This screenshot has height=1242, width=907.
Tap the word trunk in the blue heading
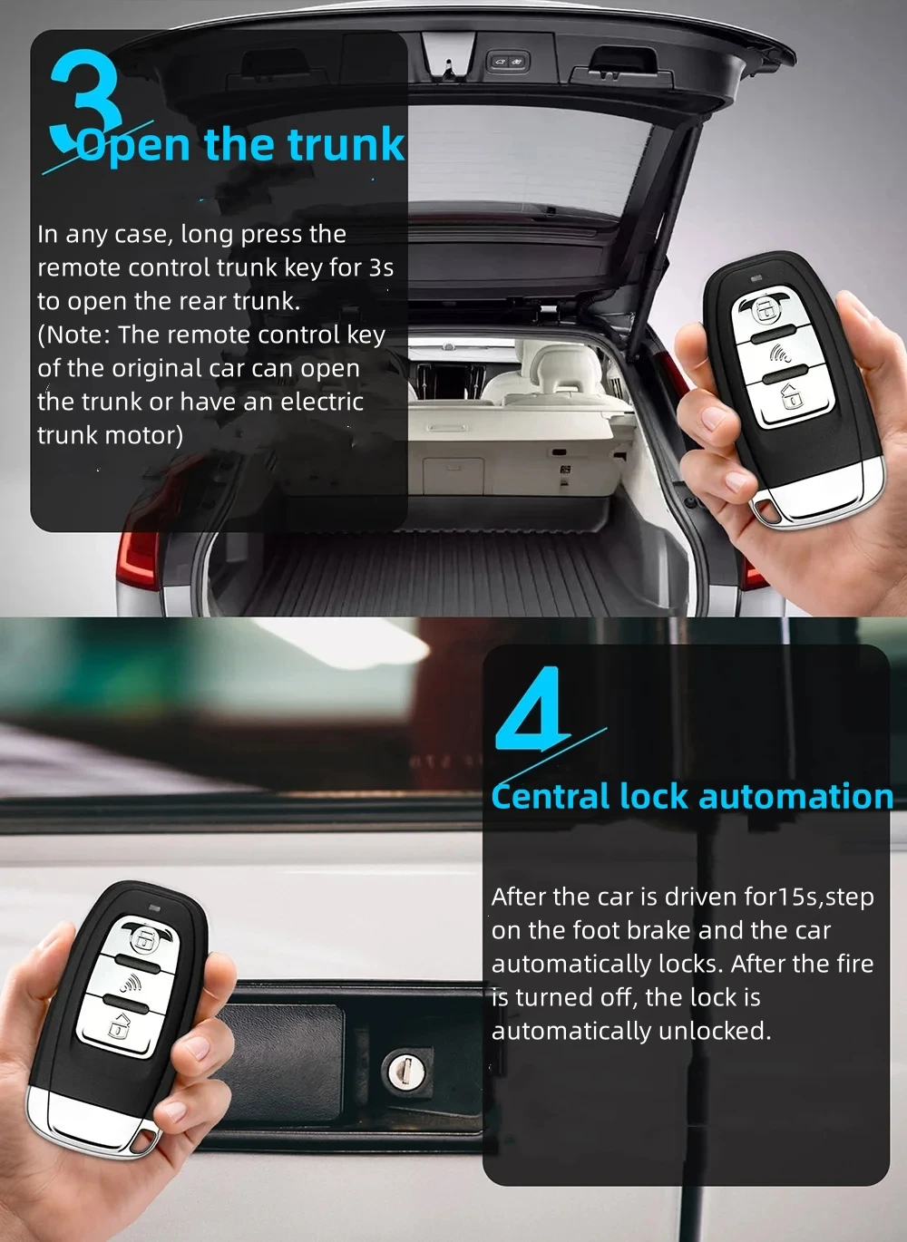pyautogui.click(x=346, y=145)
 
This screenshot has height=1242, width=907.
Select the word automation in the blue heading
pyautogui.click(x=795, y=797)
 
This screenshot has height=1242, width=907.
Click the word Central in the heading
pyautogui.click(x=551, y=797)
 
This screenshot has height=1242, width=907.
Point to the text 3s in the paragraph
pyautogui.click(x=381, y=267)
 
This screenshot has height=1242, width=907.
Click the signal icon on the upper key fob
pyautogui.click(x=779, y=353)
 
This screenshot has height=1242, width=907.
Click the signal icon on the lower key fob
pyautogui.click(x=132, y=983)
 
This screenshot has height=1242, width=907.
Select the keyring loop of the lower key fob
pyautogui.click(x=141, y=1140)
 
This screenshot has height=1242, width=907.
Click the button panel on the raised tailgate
pyautogui.click(x=507, y=61)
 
